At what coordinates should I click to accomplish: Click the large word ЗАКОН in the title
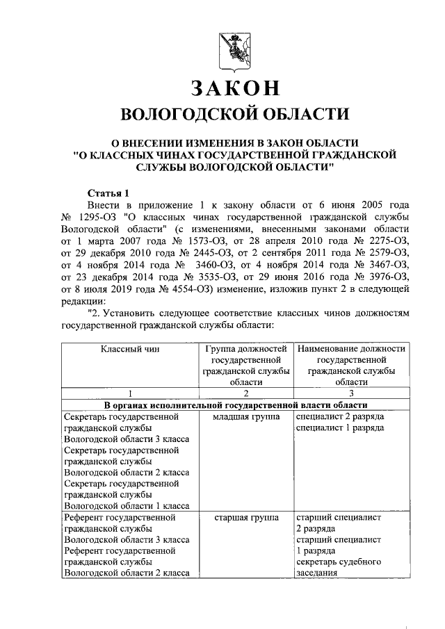pyautogui.click(x=235, y=88)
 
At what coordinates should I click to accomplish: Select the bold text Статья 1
pyautogui.click(x=108, y=192)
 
